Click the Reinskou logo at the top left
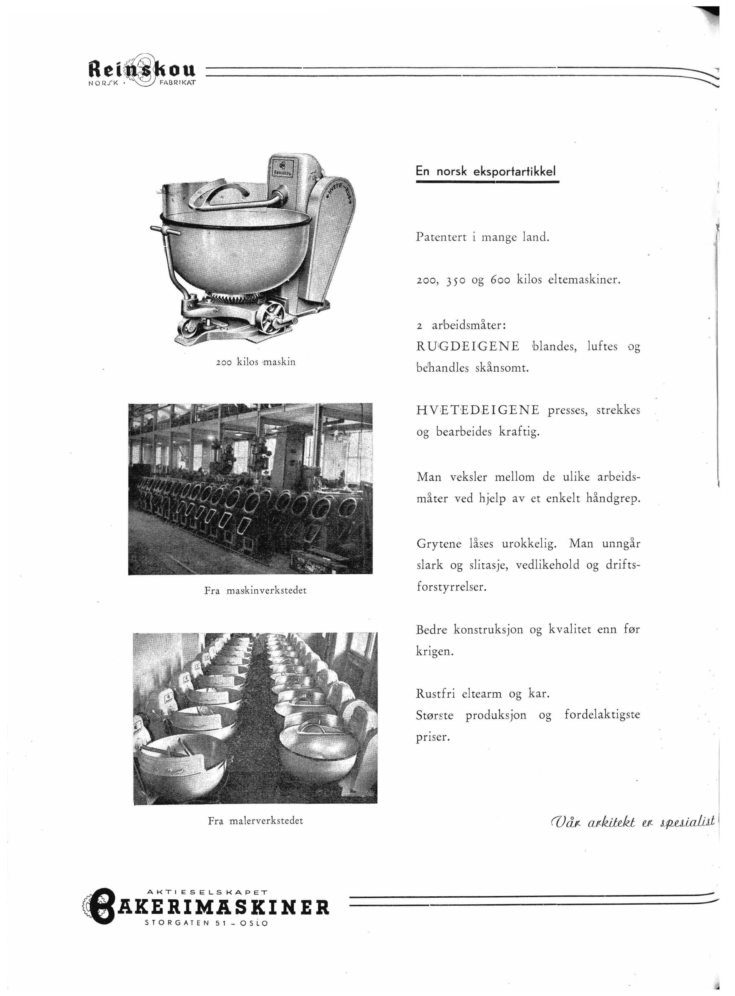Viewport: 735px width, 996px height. [x=143, y=71]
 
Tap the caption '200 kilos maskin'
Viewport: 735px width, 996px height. [x=255, y=362]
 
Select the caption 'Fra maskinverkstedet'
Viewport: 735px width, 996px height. [x=255, y=591]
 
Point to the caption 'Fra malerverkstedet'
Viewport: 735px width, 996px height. [x=255, y=821]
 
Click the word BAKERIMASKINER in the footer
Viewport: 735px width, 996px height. [x=222, y=907]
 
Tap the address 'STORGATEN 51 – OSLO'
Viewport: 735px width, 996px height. [x=207, y=923]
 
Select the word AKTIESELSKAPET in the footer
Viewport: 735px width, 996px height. [x=206, y=892]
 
